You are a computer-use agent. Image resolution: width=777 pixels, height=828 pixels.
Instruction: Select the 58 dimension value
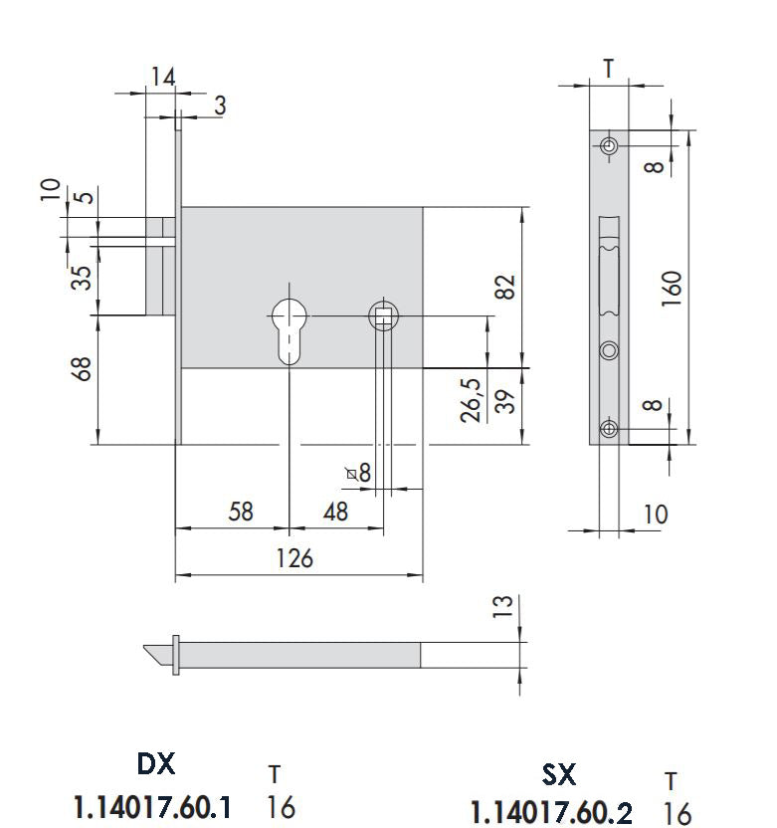click(x=241, y=512)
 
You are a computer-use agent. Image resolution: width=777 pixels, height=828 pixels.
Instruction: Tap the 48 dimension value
click(x=337, y=512)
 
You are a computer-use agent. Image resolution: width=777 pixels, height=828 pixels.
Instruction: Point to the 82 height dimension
click(x=506, y=286)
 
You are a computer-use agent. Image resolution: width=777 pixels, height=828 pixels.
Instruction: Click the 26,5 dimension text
click(x=472, y=399)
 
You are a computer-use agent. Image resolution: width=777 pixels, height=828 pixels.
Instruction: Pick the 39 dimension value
click(x=506, y=402)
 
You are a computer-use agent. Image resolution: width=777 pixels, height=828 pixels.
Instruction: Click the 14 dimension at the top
click(x=163, y=77)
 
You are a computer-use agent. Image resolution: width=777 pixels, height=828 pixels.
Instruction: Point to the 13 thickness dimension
click(x=505, y=605)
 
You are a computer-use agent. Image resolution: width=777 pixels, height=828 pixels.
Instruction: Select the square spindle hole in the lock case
click(x=383, y=315)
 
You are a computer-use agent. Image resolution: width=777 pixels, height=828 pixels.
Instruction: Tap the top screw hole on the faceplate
click(x=609, y=146)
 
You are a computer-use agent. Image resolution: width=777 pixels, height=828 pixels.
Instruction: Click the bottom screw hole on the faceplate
click(x=609, y=429)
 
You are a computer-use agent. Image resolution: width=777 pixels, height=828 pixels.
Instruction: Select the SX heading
click(x=559, y=773)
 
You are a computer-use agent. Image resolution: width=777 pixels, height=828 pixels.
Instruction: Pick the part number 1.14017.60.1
click(x=153, y=807)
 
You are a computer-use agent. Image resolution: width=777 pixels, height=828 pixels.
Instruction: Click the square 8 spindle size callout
click(x=359, y=473)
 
